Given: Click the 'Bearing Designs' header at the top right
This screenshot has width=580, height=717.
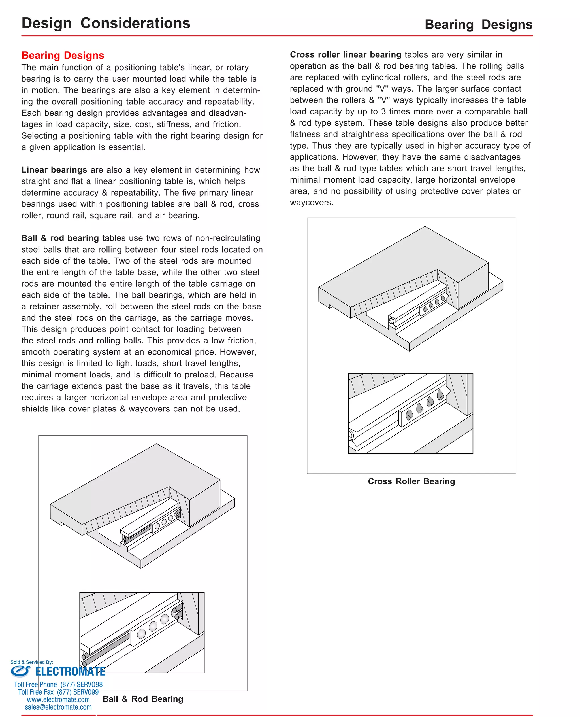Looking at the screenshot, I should coord(478,25).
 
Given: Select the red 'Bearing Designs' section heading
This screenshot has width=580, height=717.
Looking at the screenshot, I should coord(63,55).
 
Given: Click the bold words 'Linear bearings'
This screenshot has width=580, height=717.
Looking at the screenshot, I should coord(54,170).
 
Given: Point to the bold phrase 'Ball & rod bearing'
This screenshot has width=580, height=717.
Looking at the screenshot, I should coord(60,238).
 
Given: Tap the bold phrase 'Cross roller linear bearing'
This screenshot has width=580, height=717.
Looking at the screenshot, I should coord(345,54).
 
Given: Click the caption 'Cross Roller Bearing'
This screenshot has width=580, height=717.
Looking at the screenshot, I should coord(411,481).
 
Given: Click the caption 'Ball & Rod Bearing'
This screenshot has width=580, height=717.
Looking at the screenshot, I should coord(143,699).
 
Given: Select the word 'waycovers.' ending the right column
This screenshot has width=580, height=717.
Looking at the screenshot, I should coord(312,203).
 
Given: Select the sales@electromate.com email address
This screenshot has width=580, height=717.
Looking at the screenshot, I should coord(58,707).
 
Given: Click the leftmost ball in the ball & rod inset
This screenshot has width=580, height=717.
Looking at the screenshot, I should coord(141,633).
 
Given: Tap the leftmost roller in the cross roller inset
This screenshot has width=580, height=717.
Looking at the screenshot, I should coord(409,415).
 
